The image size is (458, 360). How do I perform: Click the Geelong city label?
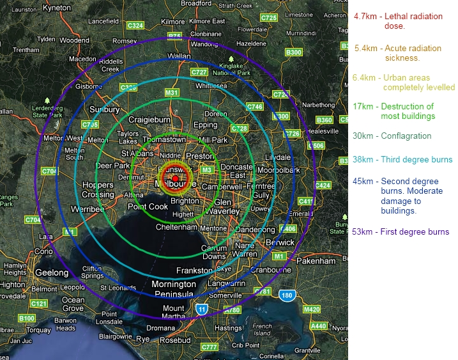pos(51,272)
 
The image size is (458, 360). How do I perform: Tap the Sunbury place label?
pos(104,109)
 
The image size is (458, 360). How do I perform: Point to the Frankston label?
pos(194,270)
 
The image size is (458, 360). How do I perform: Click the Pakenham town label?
pos(316,261)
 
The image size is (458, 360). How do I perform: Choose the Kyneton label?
pos(56,7)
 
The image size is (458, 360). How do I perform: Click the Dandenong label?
pos(256,230)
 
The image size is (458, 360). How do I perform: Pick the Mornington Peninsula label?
pos(174,289)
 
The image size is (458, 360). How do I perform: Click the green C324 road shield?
pos(135,25)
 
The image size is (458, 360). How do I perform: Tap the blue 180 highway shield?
pos(287,295)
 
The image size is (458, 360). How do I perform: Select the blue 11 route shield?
pos(202,309)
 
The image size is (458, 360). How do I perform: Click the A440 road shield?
pos(318,325)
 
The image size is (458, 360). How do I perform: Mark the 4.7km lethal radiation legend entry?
pos(388,21)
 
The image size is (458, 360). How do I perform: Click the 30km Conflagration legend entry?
pos(392,136)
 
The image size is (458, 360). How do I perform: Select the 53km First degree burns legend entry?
pos(401,231)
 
